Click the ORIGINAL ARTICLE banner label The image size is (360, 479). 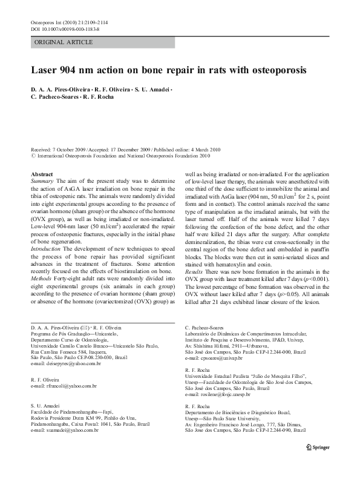pos(64,42)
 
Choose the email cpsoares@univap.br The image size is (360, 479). pos(217,358)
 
